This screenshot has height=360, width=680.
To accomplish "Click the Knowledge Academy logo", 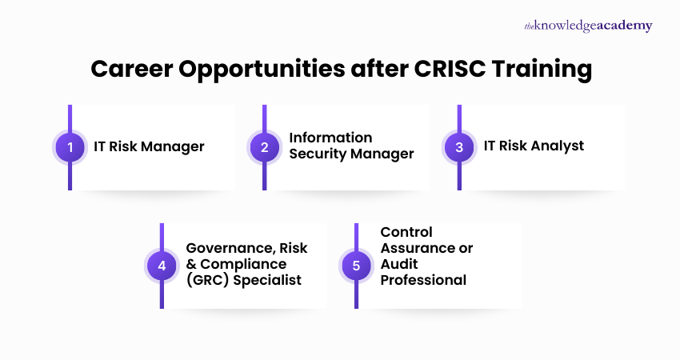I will (x=588, y=26).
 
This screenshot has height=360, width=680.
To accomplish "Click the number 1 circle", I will (x=70, y=147).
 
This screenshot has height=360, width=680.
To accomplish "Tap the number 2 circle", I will (x=265, y=147).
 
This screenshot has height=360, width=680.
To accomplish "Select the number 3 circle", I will (x=459, y=147).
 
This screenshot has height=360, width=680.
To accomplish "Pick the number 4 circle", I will (x=162, y=266).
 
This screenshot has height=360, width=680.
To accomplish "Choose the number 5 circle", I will (x=356, y=266).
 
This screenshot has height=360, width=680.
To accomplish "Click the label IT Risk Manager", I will (x=149, y=147).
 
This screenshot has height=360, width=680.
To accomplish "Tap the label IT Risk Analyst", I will (x=534, y=146).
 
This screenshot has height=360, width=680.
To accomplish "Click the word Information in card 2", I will (x=330, y=138).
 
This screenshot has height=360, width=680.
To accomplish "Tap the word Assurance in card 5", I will (x=426, y=249).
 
